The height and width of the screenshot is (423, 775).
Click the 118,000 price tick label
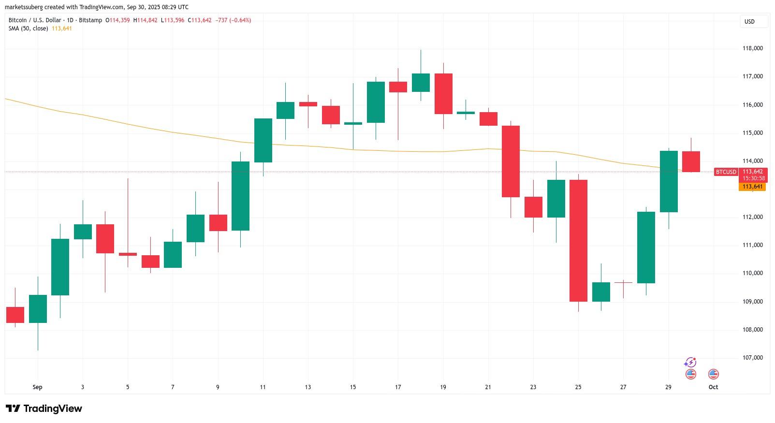pyautogui.click(x=752, y=48)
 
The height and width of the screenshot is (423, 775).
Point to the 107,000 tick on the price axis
pyautogui.click(x=752, y=358)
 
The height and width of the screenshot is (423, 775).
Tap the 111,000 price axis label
pyautogui.click(x=752, y=245)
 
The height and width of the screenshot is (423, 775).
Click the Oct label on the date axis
pyautogui.click(x=713, y=387)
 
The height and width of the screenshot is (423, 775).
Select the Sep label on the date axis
pyautogui.click(x=37, y=387)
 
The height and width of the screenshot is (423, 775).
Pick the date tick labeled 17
pyautogui.click(x=398, y=387)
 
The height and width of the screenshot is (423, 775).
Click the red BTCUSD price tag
pyautogui.click(x=726, y=172)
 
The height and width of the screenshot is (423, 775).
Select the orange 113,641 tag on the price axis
pyautogui.click(x=752, y=187)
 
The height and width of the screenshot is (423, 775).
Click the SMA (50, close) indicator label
pyautogui.click(x=28, y=29)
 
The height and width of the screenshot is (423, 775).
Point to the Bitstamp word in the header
pyautogui.click(x=92, y=20)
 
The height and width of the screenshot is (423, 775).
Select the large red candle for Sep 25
pyautogui.click(x=578, y=240)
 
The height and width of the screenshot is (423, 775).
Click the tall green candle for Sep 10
pyautogui.click(x=240, y=196)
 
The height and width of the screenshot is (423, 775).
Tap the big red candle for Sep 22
pyautogui.click(x=511, y=161)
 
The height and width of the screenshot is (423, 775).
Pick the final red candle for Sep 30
pyautogui.click(x=691, y=161)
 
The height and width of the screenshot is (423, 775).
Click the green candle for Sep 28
pyautogui.click(x=646, y=247)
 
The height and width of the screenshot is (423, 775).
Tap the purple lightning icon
pyautogui.click(x=690, y=363)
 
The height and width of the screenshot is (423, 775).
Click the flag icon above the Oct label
pyautogui.click(x=713, y=374)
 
